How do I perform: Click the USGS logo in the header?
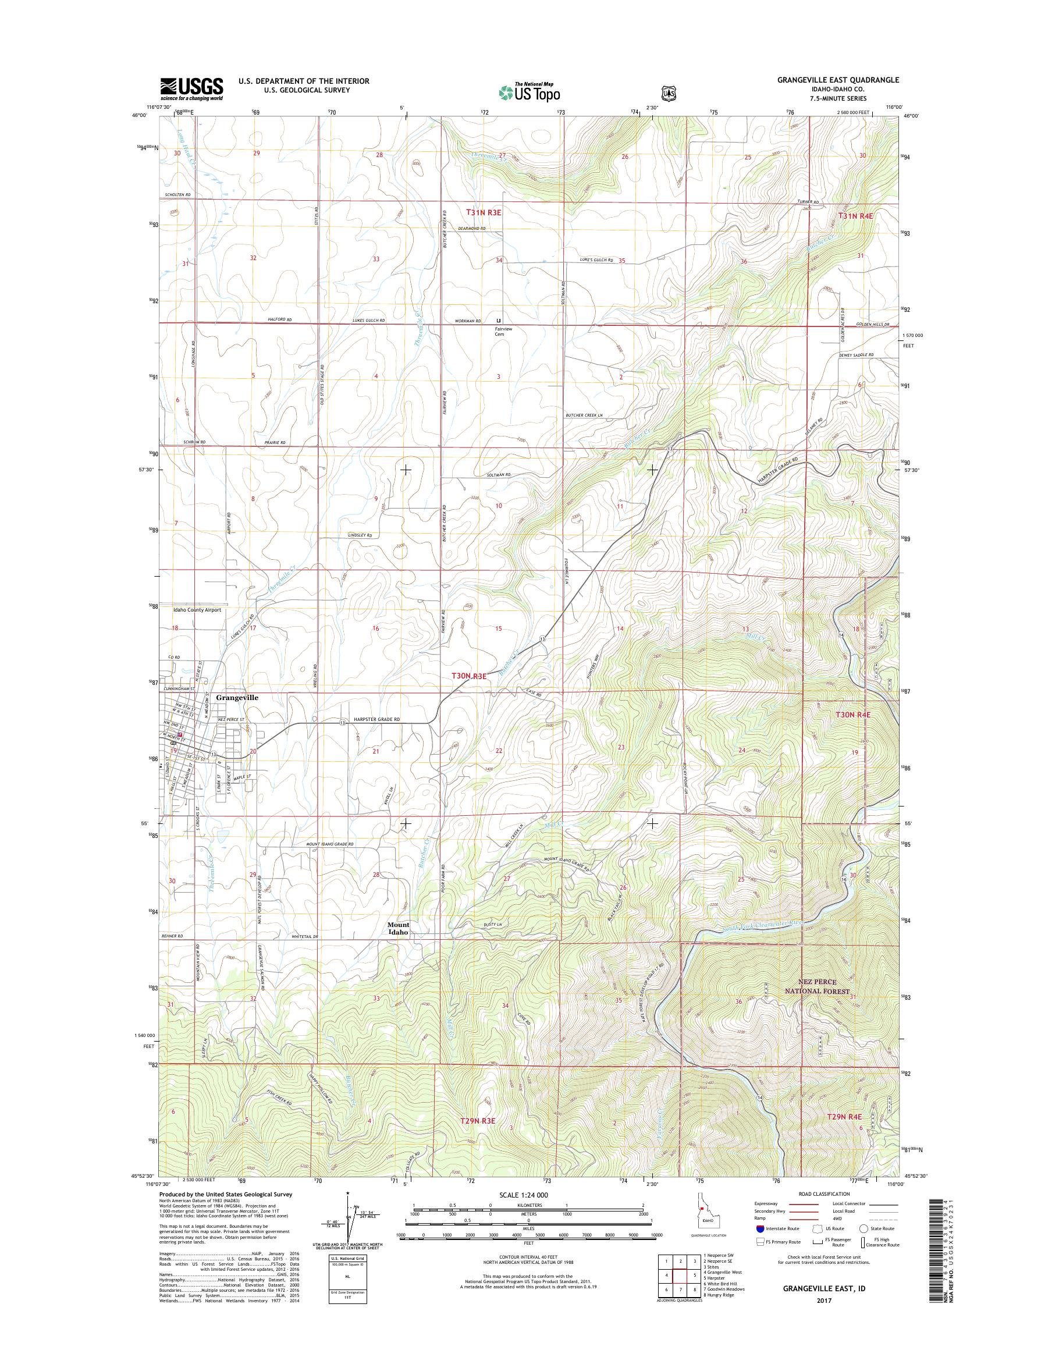click(x=191, y=88)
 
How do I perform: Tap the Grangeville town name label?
click(x=237, y=697)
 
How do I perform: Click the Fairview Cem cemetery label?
click(x=500, y=331)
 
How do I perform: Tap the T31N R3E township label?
click(x=484, y=212)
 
